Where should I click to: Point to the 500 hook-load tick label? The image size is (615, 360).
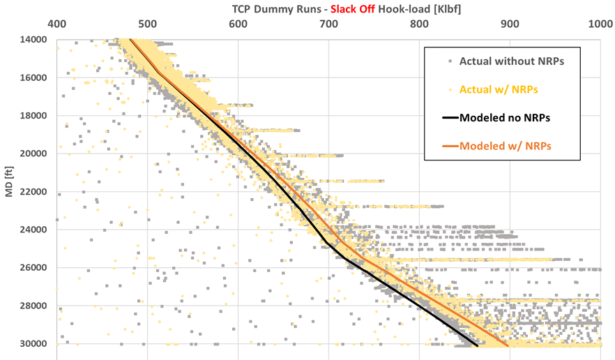click(x=147, y=23)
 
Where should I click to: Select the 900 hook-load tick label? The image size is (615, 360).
click(x=510, y=23)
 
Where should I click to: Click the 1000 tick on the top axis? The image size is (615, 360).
click(x=598, y=23)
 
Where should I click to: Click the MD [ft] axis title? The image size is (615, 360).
click(x=9, y=192)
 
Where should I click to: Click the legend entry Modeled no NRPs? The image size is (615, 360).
click(x=505, y=118)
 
